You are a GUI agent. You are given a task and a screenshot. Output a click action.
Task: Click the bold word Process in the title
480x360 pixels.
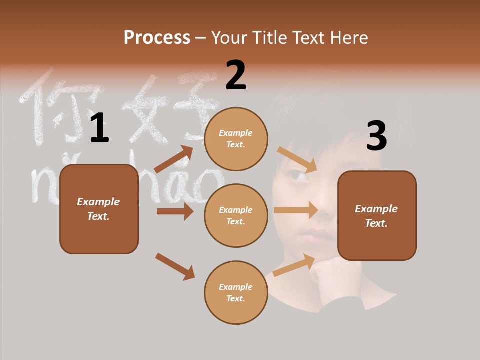click(157, 37)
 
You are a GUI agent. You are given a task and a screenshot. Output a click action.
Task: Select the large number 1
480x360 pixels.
click(99, 128)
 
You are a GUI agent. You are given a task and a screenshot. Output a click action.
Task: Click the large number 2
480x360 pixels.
click(236, 75)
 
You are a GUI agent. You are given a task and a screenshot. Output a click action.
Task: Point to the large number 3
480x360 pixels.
click(376, 136)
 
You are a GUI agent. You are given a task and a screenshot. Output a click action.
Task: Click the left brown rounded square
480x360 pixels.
click(99, 209)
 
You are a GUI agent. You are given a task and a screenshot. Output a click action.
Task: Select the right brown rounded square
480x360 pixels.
click(377, 216)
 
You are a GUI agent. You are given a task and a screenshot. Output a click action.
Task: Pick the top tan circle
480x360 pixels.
click(236, 139)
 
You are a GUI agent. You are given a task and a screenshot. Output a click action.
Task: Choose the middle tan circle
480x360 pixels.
click(236, 215)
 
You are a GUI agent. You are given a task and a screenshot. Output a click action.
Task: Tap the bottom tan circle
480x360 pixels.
click(236, 292)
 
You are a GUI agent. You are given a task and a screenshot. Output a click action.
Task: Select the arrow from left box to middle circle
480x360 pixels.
click(175, 211)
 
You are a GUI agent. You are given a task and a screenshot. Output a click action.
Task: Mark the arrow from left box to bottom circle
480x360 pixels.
click(175, 266)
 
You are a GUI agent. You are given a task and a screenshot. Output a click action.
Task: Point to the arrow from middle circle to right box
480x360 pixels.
click(296, 210)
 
